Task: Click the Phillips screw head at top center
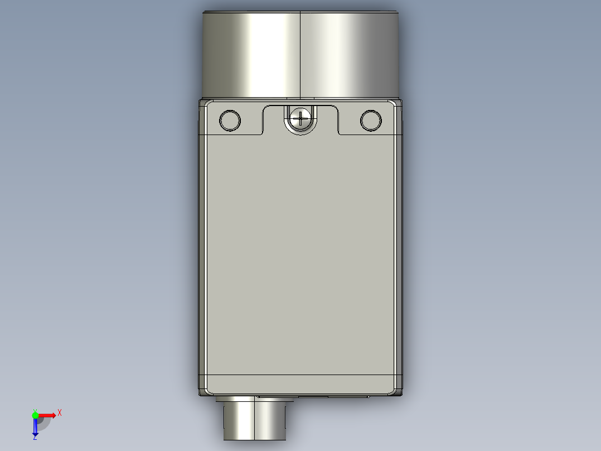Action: tap(300, 118)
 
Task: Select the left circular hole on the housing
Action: tap(230, 121)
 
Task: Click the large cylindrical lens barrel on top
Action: tap(251, 53)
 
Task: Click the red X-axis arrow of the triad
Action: tap(48, 415)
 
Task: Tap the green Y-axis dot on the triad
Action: tap(35, 414)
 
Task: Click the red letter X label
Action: tap(60, 413)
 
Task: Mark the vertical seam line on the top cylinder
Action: tap(301, 53)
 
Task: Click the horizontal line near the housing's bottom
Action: tap(300, 375)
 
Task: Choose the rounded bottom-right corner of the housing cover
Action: tap(394, 388)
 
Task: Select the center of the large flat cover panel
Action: tap(300, 251)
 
